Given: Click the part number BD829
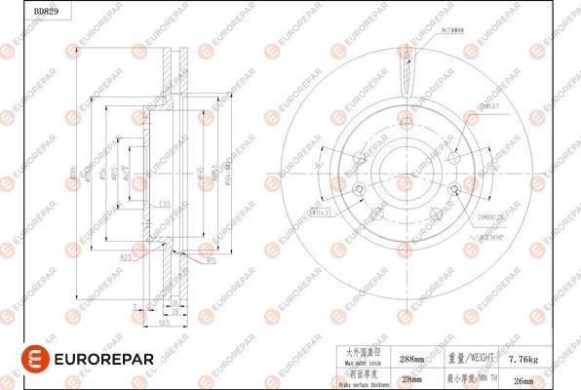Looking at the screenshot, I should point(19,10).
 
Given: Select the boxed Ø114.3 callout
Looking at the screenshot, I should point(320,210).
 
